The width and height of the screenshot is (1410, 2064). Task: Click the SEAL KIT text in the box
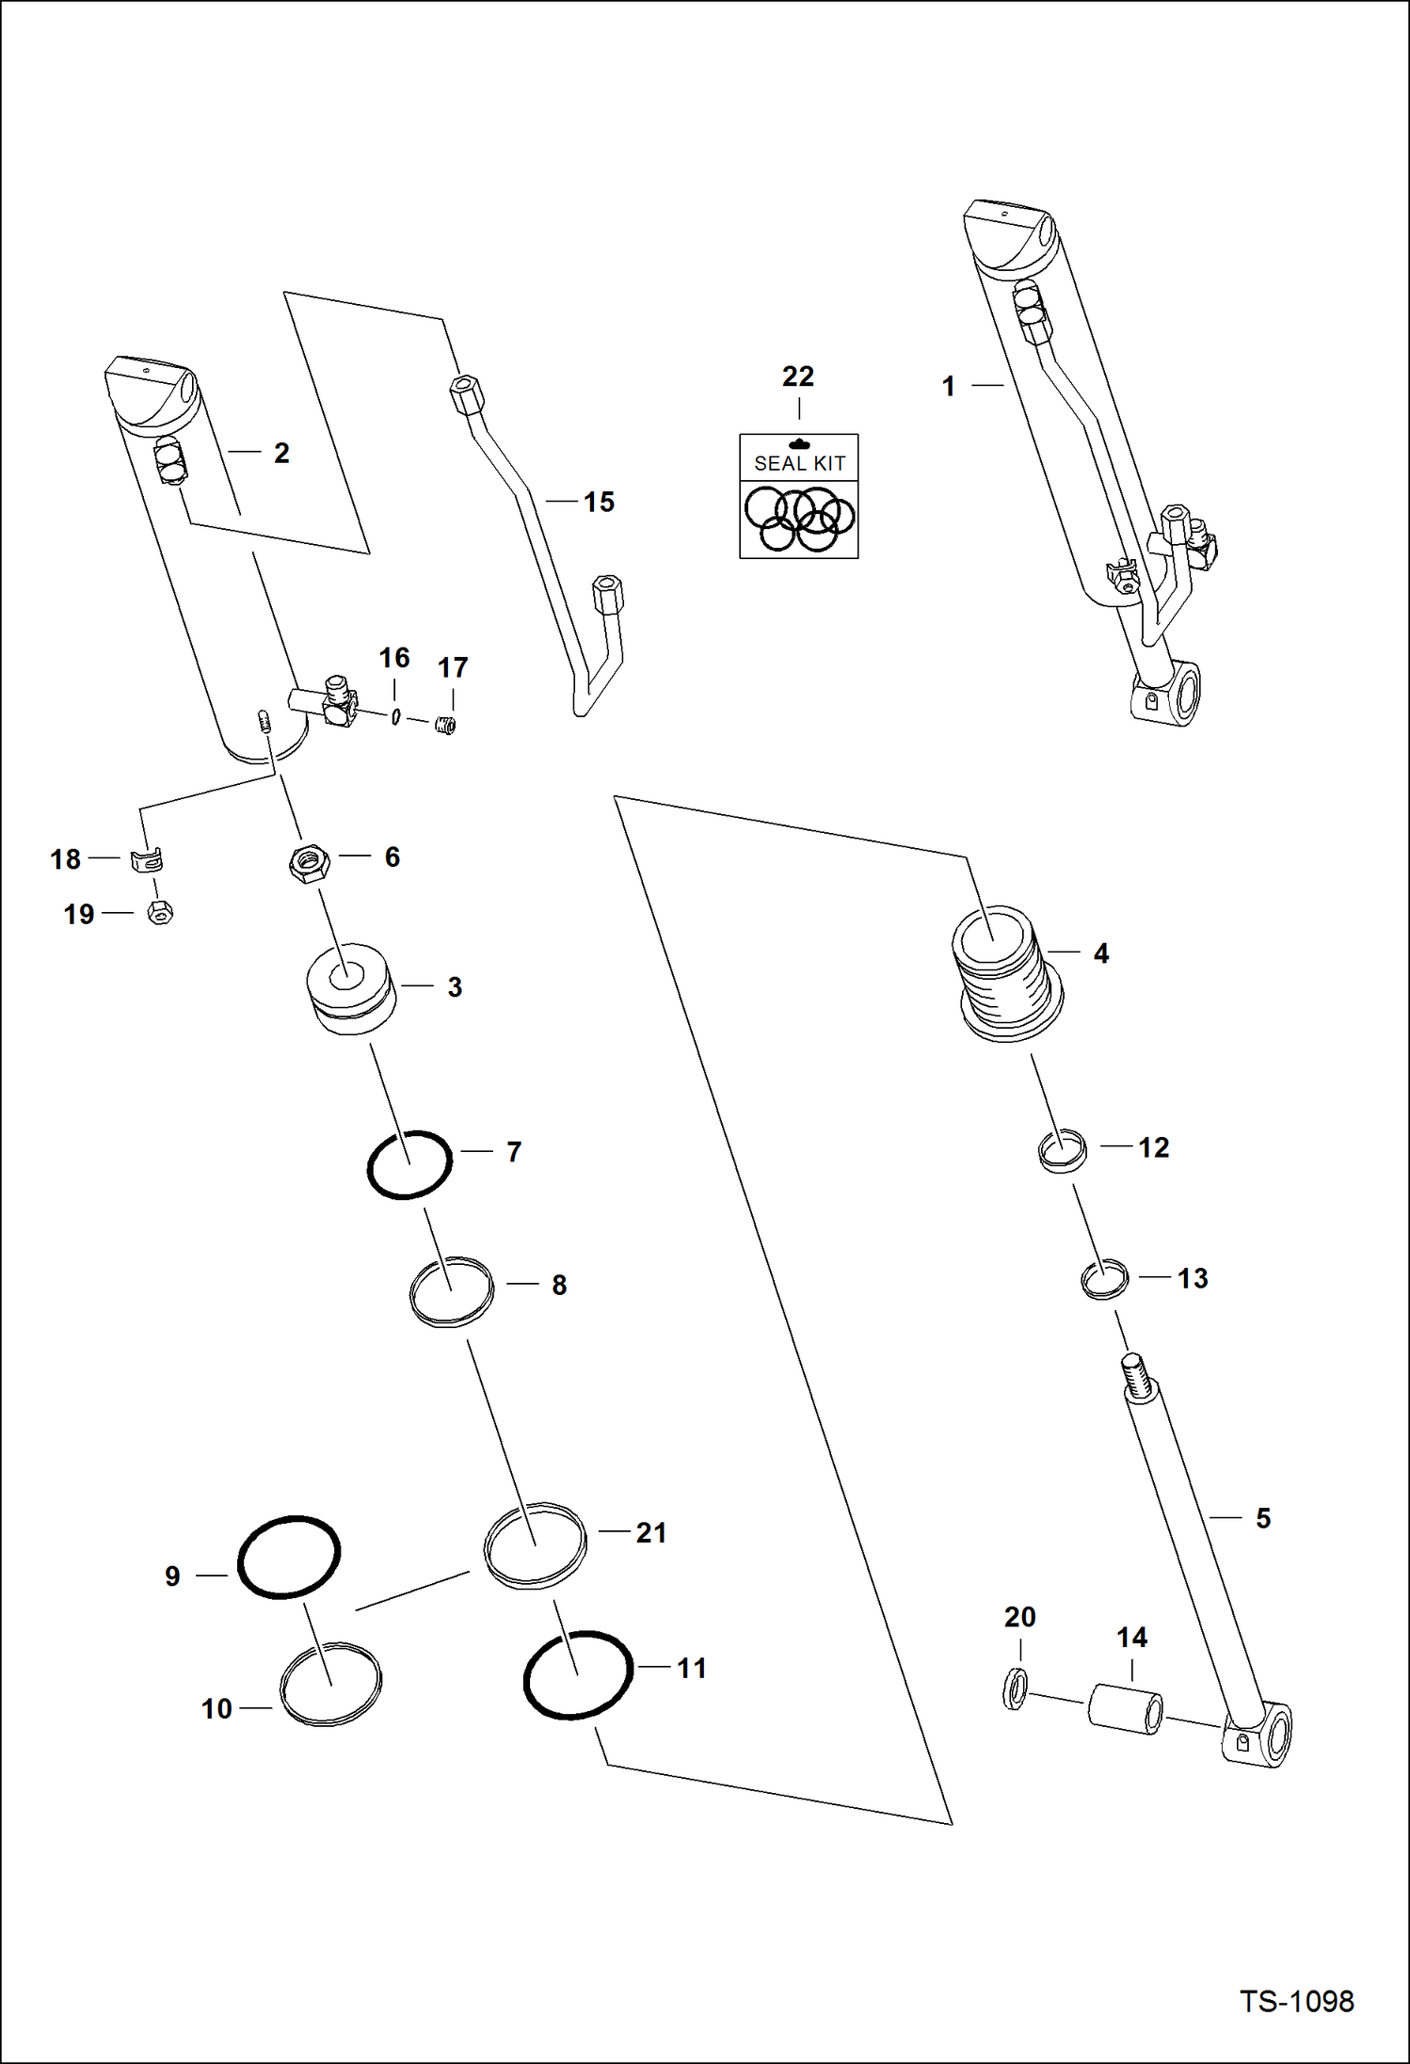tap(799, 463)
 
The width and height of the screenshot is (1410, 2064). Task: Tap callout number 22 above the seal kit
tap(797, 376)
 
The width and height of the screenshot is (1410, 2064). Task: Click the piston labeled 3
tap(350, 988)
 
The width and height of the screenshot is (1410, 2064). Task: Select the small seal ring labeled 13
tap(1104, 1279)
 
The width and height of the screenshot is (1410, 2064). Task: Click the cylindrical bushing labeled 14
tap(1125, 1708)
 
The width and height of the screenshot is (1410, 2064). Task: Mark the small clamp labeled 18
tap(147, 859)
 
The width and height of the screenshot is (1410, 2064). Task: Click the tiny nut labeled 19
tap(160, 912)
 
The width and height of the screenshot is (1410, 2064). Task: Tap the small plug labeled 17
tap(446, 725)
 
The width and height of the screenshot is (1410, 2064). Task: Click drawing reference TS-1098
tap(1295, 2001)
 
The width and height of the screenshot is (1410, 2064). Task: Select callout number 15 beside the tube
tap(599, 502)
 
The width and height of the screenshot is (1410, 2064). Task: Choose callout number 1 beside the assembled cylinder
tap(948, 386)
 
